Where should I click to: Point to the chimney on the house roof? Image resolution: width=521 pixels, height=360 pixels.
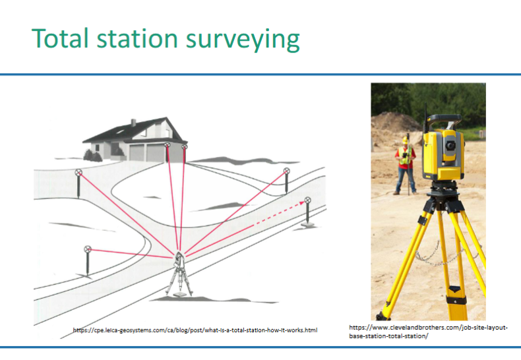(133, 123)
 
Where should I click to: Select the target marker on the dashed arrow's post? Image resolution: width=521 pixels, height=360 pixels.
(307, 200)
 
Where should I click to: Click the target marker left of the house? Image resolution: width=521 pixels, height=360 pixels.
(78, 173)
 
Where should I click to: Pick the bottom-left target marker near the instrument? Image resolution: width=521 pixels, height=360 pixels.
(88, 249)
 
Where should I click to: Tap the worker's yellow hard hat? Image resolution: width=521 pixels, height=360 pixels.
(405, 140)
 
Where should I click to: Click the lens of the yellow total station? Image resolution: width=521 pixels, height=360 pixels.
(448, 144)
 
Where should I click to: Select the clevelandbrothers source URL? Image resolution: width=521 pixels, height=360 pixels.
(428, 332)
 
